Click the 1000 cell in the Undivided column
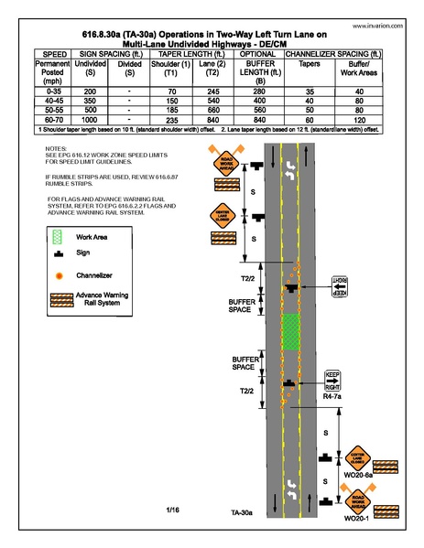click(90, 121)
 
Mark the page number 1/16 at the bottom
click(173, 509)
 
